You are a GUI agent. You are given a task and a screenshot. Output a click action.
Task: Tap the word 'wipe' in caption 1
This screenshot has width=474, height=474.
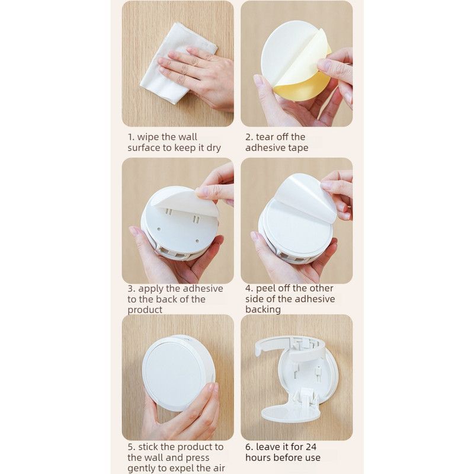point(148,137)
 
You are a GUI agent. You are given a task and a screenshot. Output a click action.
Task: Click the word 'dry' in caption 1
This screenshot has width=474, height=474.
point(213,148)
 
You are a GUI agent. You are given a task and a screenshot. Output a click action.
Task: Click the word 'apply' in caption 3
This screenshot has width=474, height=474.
point(151,289)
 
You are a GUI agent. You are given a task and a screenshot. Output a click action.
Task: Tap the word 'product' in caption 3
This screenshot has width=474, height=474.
point(145,310)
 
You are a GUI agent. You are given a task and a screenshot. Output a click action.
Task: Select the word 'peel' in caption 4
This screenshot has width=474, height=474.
point(265,289)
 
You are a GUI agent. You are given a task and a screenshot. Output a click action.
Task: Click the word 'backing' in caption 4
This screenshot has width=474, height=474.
point(263,309)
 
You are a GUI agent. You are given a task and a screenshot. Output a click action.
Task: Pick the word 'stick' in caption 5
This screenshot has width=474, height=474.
point(149,447)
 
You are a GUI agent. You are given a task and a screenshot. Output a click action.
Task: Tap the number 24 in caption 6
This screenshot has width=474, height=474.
point(310,447)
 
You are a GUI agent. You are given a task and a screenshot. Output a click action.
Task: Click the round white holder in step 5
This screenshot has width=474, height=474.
point(179,373)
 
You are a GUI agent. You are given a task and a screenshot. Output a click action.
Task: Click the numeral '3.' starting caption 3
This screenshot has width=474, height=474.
point(132,289)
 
